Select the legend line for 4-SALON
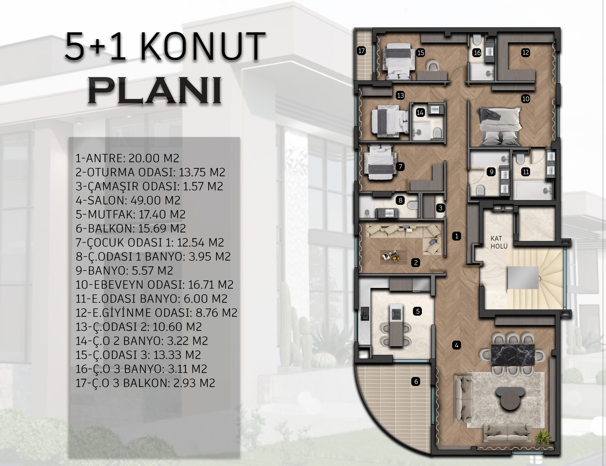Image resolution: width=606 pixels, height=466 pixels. click(128, 200)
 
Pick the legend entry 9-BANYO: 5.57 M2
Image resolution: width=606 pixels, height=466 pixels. click(124, 271)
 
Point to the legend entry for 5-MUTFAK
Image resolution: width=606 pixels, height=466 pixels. click(130, 214)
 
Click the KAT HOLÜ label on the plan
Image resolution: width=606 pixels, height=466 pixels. click(499, 242)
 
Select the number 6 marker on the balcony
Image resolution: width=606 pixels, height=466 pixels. click(416, 382)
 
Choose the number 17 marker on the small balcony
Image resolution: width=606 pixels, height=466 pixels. click(361, 51)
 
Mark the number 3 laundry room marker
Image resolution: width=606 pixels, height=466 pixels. click(440, 208)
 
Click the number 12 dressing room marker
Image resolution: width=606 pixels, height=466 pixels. click(526, 53)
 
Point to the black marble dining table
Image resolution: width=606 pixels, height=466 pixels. click(513, 355)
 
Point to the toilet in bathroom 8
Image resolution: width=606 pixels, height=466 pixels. click(413, 205)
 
